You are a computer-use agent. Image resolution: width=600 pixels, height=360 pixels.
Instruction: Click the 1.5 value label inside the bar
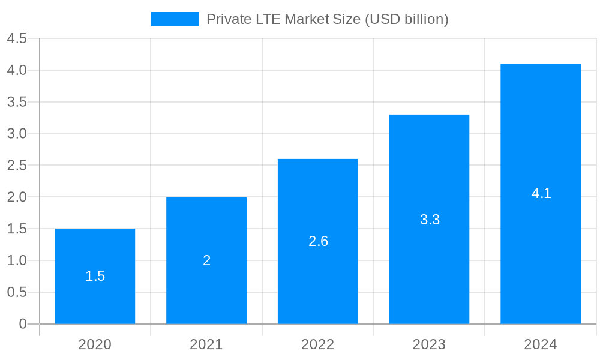[95, 276]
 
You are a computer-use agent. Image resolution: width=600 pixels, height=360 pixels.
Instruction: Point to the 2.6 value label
[318, 241]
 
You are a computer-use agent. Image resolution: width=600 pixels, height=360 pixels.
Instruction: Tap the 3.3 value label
[430, 220]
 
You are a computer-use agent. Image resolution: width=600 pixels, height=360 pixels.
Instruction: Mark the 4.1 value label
[541, 193]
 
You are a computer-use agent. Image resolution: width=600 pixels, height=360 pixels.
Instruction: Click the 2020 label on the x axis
[95, 344]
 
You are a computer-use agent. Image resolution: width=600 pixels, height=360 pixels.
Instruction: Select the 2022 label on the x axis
[318, 344]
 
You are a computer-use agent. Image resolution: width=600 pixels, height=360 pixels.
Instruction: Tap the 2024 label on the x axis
[541, 344]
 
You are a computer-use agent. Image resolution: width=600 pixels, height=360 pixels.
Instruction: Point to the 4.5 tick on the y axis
[17, 39]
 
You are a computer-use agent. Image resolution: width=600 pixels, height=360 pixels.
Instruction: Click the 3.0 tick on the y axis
[17, 134]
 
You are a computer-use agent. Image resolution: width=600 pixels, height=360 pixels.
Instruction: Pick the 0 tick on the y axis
[23, 324]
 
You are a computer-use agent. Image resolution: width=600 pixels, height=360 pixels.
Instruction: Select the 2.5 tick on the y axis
[17, 166]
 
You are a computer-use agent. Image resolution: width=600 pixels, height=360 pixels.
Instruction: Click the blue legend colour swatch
[175, 19]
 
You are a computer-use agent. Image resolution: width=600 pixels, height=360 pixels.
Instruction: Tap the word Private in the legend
[226, 19]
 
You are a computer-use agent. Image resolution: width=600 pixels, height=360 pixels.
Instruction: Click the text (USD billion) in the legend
[406, 19]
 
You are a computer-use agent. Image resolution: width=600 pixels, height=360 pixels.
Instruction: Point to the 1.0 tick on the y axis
[17, 260]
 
